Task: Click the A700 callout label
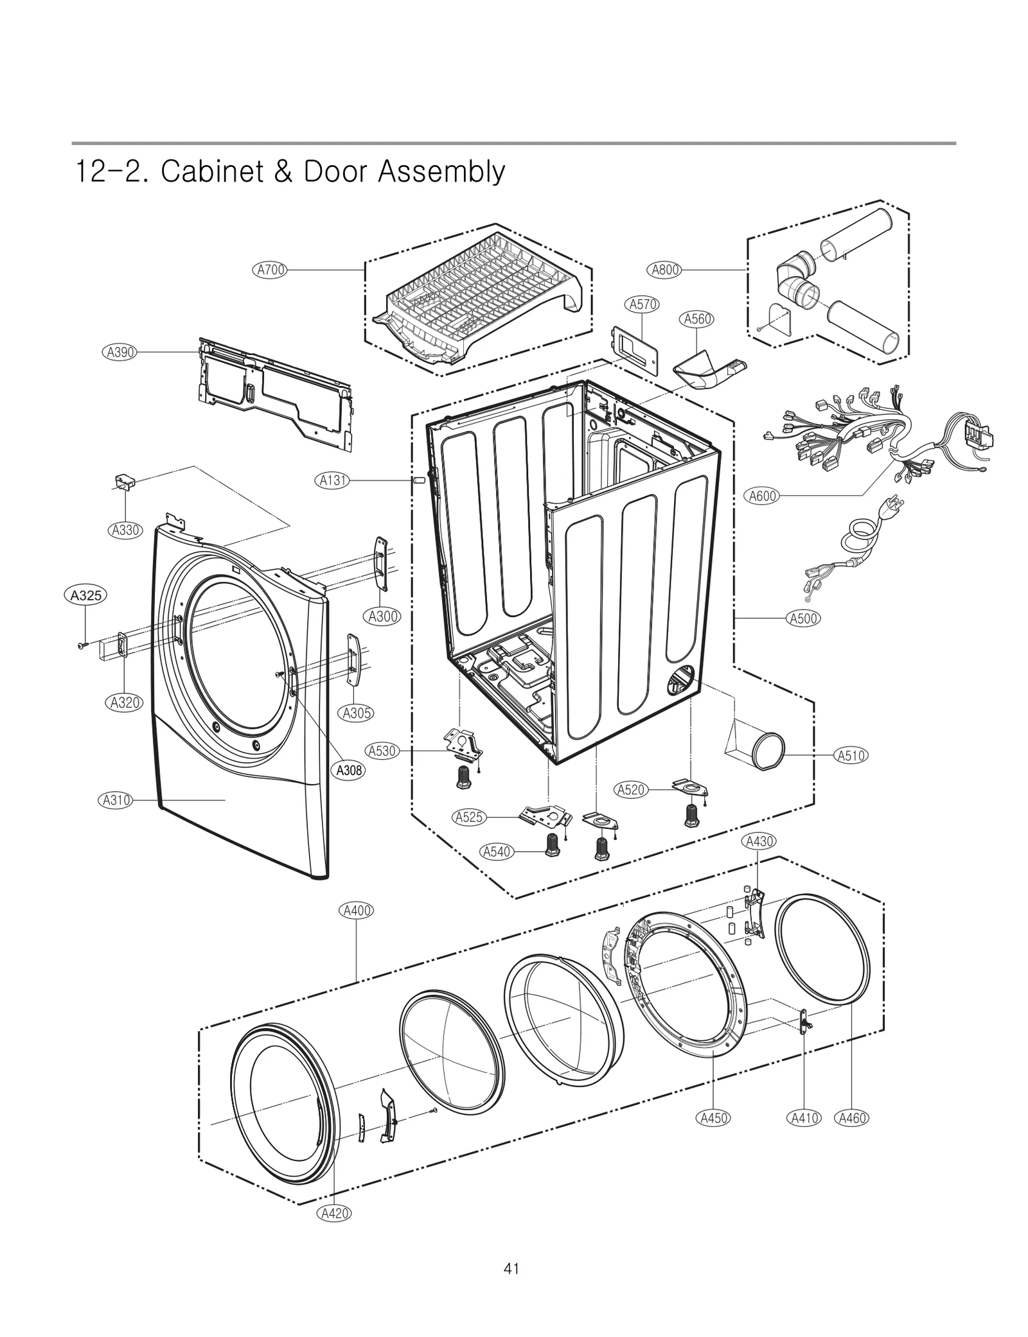click(270, 270)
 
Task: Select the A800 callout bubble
click(665, 270)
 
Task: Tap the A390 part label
click(120, 352)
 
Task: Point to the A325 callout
click(85, 595)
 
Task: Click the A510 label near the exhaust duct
click(851, 756)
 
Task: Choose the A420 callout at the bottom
click(335, 1213)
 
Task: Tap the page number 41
click(511, 1269)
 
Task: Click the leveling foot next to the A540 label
click(552, 844)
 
